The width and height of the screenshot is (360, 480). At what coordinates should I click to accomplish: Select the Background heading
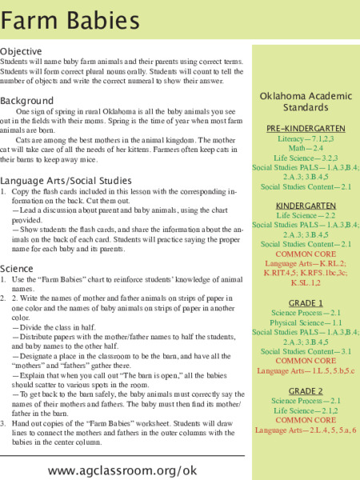(27, 101)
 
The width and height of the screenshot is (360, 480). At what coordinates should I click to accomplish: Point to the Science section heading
(17, 269)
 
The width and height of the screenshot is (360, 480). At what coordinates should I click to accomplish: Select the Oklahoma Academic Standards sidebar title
(306, 102)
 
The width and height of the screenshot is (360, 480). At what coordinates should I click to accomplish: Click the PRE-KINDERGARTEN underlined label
(306, 128)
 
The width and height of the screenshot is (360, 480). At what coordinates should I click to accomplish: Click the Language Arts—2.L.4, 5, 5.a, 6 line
(305, 430)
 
